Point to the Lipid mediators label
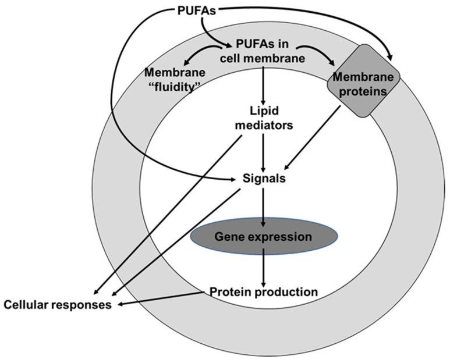pos(265,118)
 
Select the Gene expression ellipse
pos(264,237)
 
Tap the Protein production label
pos(264,291)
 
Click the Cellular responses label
pos(57,305)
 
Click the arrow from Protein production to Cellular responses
pos(163,298)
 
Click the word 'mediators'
pos(265,123)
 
